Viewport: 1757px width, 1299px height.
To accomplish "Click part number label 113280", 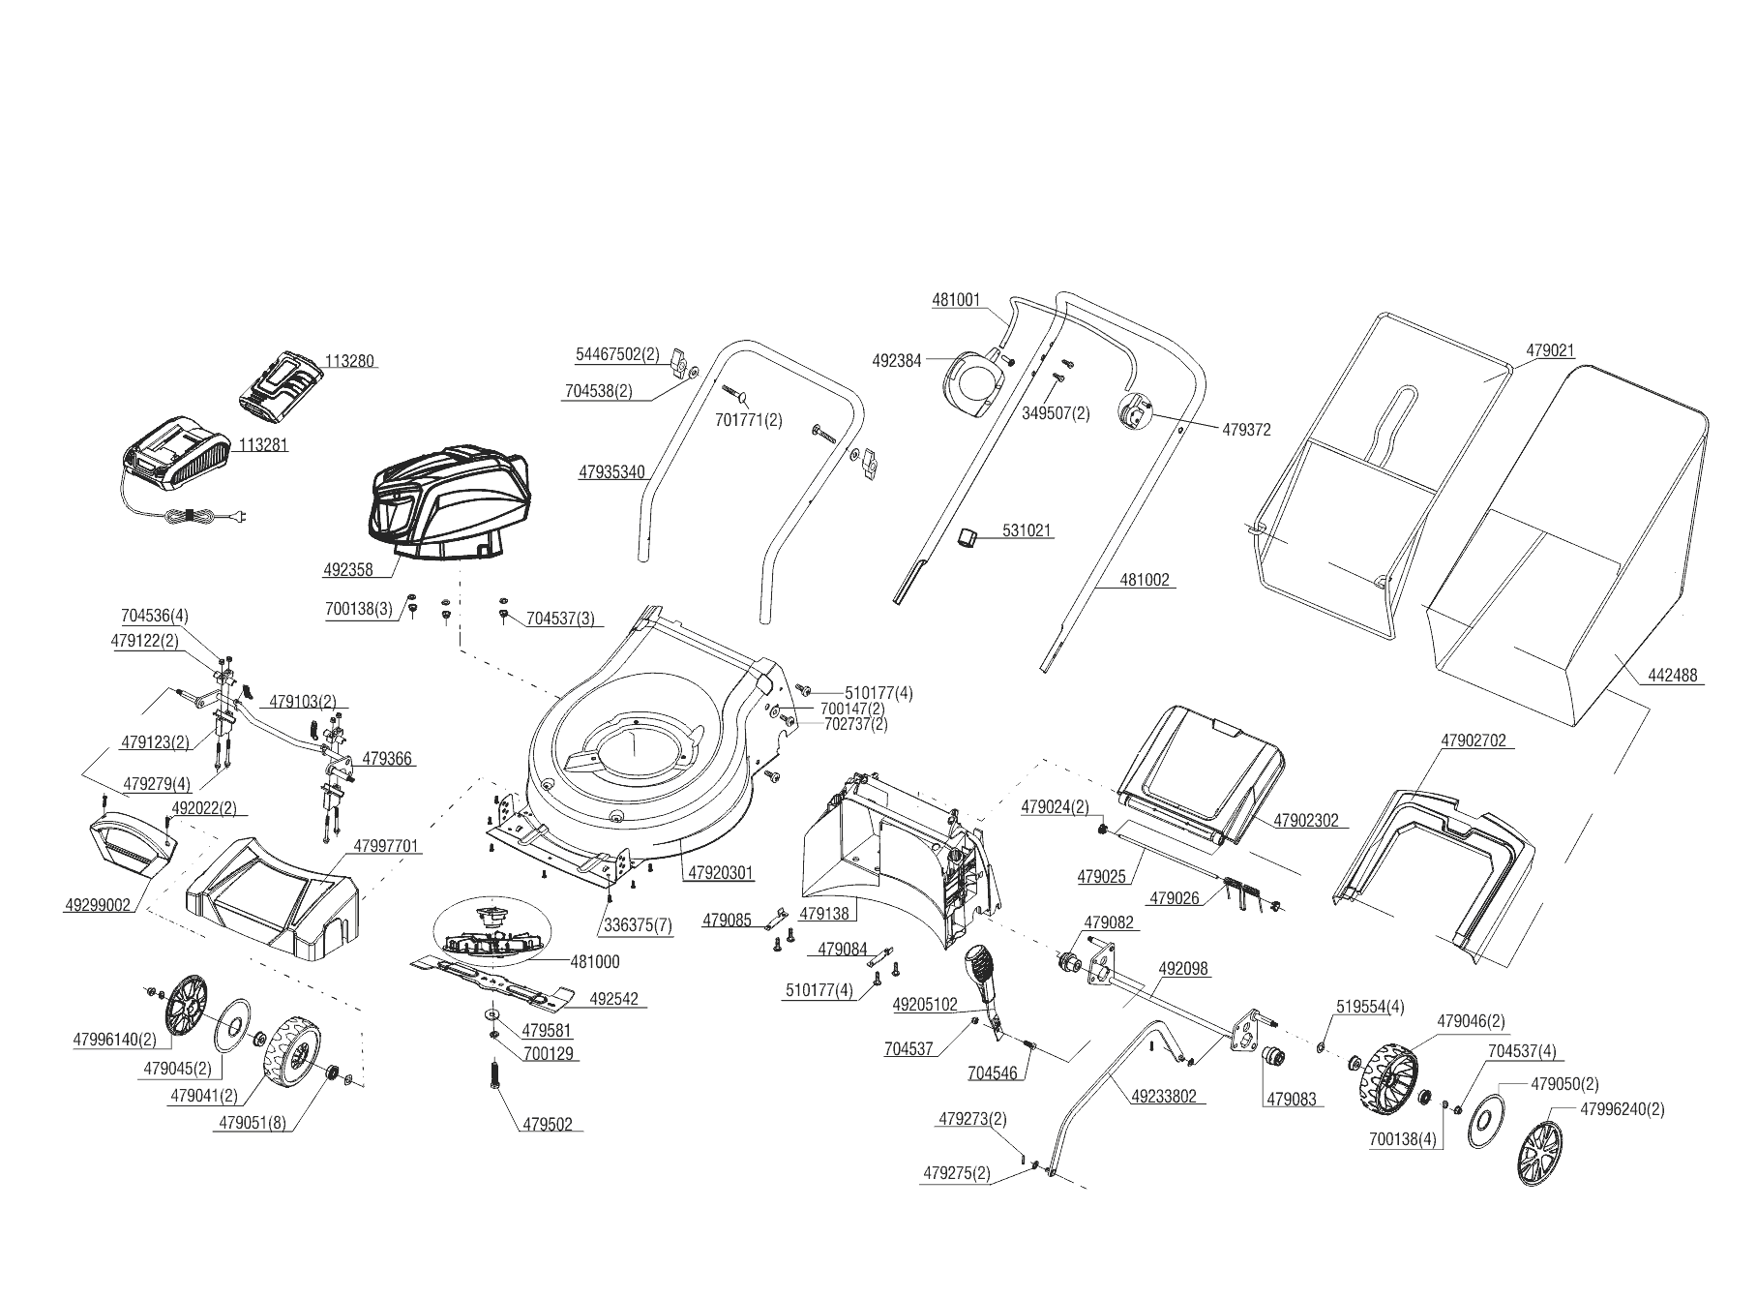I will pos(349,361).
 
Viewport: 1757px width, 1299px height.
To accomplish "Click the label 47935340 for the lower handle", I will pos(611,473).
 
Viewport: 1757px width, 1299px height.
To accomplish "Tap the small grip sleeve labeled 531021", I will pos(968,535).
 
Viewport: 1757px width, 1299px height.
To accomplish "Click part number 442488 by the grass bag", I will pos(1670,676).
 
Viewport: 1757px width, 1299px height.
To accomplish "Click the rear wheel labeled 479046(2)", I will pos(1389,1077).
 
